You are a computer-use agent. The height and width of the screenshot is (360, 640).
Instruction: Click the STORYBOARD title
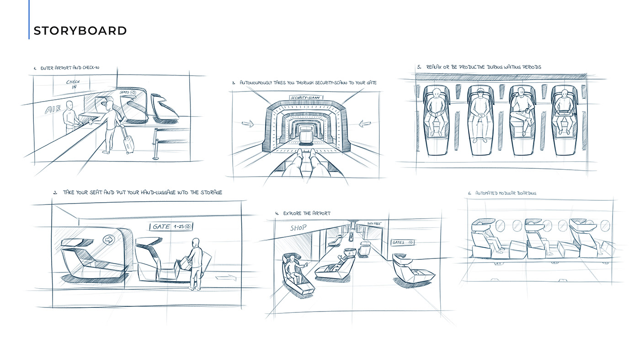80,31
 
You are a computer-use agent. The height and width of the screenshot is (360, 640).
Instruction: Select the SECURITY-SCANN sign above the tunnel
306,97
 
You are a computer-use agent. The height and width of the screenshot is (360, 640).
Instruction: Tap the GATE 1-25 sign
171,226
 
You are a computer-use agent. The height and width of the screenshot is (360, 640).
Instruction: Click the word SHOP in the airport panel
298,228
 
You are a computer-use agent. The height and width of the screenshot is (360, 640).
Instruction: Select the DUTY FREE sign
374,223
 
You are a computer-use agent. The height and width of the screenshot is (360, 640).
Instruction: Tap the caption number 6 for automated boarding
469,193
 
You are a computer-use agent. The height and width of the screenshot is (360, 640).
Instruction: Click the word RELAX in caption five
434,67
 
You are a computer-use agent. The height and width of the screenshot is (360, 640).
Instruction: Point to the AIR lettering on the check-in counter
52,109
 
